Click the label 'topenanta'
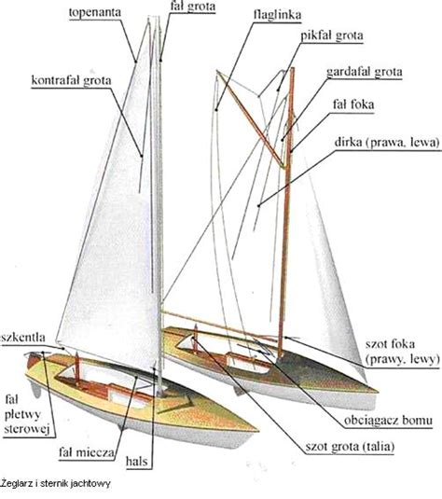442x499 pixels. pos(95,13)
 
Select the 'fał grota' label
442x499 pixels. pos(193,7)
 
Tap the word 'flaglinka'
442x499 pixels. pos(278,15)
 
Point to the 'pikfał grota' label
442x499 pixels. pos(332,35)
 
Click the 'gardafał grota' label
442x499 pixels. pos(365,72)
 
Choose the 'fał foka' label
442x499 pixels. pos(353,104)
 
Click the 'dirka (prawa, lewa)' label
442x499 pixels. pos(387,143)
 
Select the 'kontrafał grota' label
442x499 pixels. pos(71,80)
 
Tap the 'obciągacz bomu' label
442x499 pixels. pos(388,421)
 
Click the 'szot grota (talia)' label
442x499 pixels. pos(350,447)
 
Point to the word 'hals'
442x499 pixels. pos(137,461)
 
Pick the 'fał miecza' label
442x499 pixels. pos(87,452)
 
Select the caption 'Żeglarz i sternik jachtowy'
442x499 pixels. pos(56,484)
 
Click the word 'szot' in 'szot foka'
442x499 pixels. pos(377,345)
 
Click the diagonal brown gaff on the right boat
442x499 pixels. pos(252,119)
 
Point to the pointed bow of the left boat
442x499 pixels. pos(256,431)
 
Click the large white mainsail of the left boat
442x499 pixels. pos(111,223)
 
